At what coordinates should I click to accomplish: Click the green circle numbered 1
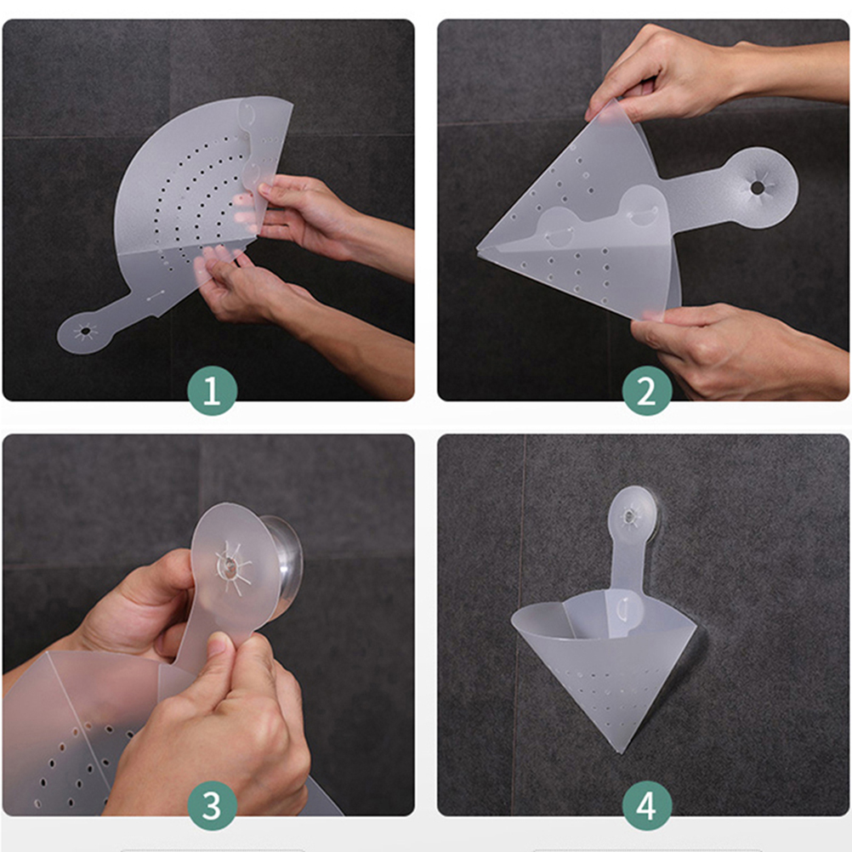point(212,390)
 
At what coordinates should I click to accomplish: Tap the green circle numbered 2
point(646,390)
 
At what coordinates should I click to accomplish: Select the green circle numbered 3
point(212,805)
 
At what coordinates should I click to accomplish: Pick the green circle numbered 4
point(646,805)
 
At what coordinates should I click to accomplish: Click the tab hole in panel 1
point(85,331)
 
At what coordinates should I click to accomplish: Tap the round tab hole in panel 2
point(757,188)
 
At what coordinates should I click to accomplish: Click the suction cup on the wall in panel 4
point(633,514)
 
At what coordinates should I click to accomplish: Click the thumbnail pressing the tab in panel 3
point(219,644)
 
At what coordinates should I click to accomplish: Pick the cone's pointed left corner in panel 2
point(478,247)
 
